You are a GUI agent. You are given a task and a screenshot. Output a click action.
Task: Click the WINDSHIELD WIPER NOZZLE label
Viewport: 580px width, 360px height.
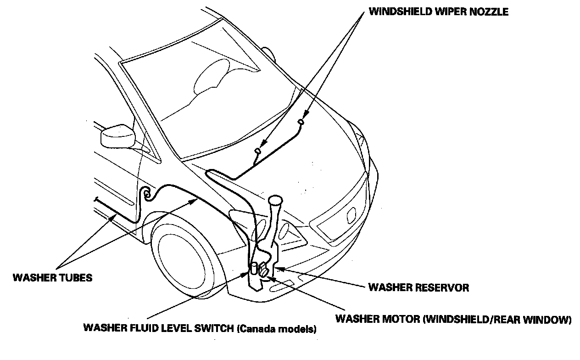coord(438,12)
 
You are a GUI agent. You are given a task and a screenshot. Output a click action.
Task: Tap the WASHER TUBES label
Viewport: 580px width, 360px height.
coord(52,278)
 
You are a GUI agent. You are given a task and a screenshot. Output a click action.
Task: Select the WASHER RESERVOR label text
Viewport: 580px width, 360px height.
coord(418,288)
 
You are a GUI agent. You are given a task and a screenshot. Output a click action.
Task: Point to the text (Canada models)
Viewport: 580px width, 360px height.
coord(277,329)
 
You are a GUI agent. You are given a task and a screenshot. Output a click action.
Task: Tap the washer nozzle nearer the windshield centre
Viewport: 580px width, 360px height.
coord(301,121)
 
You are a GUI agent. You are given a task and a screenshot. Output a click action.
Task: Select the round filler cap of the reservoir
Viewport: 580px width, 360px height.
coord(275,200)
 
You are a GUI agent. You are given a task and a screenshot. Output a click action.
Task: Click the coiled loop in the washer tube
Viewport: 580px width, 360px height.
coord(147,194)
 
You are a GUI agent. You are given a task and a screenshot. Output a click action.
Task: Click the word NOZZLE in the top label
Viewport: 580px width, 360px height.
coord(489,12)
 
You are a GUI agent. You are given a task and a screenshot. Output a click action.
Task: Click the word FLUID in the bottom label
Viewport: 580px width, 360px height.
coord(139,329)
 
